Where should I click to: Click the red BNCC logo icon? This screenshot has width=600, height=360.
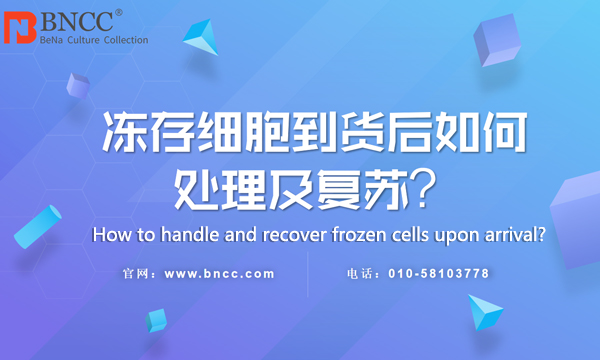[20, 28]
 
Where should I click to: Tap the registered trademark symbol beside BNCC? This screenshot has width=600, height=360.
[119, 13]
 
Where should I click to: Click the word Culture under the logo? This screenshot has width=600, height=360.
[83, 40]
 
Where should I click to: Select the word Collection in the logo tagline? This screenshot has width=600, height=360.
[126, 40]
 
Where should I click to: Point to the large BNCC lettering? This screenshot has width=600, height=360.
[77, 21]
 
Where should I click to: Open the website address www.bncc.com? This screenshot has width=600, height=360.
[220, 274]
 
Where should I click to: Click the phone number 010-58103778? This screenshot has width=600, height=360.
[439, 274]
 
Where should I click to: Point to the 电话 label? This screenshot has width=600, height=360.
[360, 274]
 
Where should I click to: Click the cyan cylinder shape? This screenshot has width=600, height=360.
[38, 227]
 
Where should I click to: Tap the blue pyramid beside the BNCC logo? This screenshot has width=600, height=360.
[202, 37]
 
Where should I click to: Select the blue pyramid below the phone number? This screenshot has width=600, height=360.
[484, 312]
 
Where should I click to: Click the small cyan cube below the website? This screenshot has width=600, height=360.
[156, 321]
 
